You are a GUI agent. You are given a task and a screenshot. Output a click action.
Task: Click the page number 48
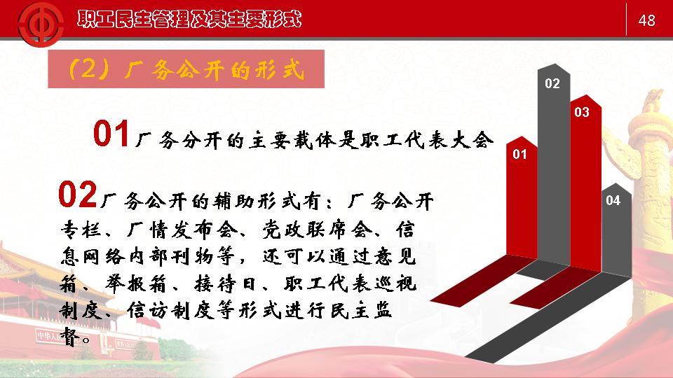tap(647, 20)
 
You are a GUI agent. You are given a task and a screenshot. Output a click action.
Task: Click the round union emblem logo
tap(41, 24)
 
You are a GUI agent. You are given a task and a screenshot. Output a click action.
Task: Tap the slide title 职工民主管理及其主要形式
tap(189, 20)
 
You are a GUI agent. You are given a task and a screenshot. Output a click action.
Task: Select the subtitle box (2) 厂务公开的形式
tap(186, 69)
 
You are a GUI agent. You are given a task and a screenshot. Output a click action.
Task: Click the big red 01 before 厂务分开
tap(111, 134)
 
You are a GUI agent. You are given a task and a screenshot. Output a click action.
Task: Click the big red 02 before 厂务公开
tap(78, 195)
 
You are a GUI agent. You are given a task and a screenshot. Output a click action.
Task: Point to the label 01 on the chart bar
tap(519, 154)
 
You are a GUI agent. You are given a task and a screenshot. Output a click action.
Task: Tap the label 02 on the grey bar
tap(552, 83)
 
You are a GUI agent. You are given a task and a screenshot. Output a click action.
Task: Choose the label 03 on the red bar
tap(582, 112)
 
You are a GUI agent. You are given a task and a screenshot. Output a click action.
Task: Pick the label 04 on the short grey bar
tap(613, 200)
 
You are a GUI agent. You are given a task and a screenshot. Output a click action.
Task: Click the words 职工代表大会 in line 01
tap(427, 140)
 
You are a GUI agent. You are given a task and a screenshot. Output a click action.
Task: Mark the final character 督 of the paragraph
tap(70, 337)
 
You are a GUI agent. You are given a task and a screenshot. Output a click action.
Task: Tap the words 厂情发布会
tap(182, 230)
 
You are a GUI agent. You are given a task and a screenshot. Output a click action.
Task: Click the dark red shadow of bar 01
tap(477, 281)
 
